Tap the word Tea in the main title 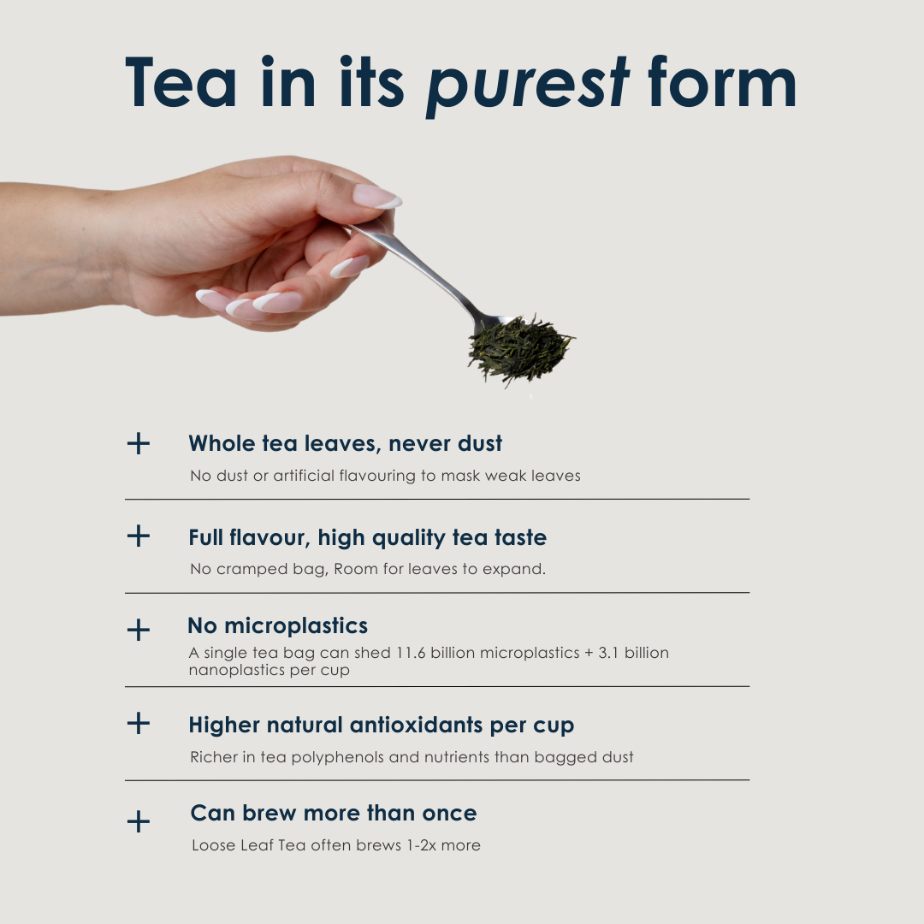(x=181, y=82)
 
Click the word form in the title (x=722, y=81)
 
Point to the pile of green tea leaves (x=521, y=349)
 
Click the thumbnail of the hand (x=377, y=196)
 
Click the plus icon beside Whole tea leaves (x=139, y=443)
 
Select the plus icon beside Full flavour (x=139, y=536)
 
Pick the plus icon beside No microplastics (x=139, y=630)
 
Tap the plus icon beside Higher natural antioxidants (x=139, y=723)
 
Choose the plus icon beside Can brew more (x=139, y=821)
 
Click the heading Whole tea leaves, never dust (x=346, y=443)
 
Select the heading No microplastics (x=277, y=625)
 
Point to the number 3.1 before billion (x=609, y=653)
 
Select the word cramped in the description (x=252, y=570)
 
